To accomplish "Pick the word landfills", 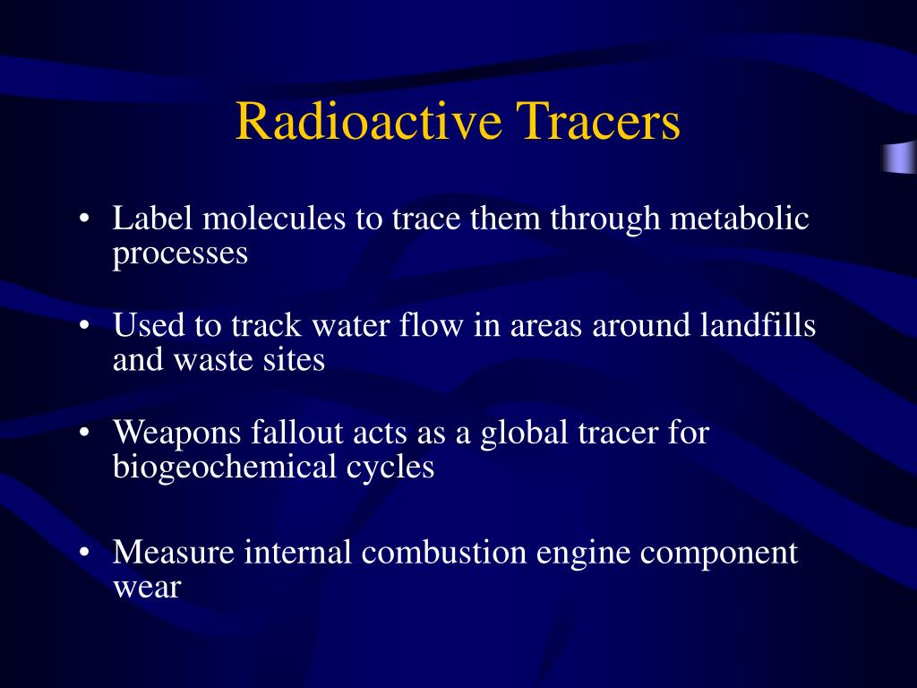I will (x=757, y=326).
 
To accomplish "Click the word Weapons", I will (x=177, y=433).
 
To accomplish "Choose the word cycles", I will (x=394, y=468).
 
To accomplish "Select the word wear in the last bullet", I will (x=147, y=589).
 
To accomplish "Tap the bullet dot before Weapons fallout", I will (x=83, y=434).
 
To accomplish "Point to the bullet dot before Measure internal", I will (x=83, y=554).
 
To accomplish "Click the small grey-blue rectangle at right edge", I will (x=899, y=157).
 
